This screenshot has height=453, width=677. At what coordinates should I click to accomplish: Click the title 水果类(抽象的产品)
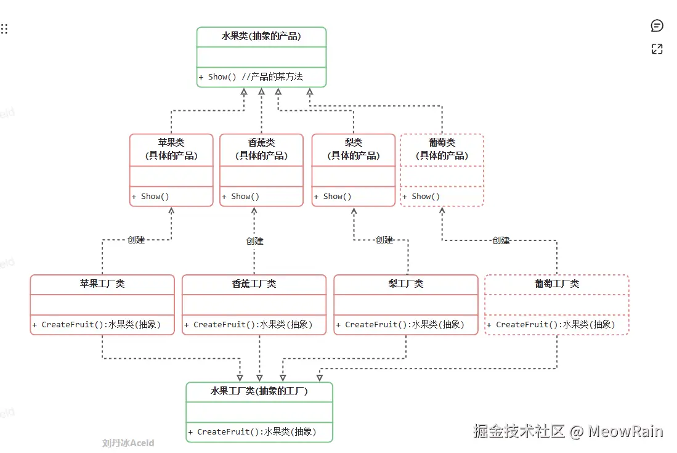261,36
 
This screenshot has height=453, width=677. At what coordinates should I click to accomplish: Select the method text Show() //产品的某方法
251,77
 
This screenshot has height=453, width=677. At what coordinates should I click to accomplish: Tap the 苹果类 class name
171,142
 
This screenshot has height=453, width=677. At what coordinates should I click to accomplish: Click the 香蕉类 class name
261,142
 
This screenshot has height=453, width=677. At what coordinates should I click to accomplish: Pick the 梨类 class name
353,142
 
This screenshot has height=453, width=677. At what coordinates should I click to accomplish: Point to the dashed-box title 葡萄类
442,142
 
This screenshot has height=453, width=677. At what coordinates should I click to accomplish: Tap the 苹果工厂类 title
102,284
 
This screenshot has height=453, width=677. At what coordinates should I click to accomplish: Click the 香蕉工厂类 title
254,284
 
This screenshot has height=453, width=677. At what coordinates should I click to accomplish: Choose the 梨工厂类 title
406,284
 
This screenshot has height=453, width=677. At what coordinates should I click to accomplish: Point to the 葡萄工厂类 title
557,284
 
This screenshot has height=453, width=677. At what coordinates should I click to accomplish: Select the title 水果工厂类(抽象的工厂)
259,391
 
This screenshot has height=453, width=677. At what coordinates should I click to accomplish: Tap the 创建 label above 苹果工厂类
136,240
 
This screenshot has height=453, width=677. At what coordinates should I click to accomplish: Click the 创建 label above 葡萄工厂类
501,240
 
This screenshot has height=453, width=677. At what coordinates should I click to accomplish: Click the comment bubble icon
657,26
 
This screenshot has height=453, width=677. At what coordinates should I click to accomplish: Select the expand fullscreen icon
657,49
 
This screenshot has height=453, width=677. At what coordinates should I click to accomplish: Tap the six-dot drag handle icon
4,29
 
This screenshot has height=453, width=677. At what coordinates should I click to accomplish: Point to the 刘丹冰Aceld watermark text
128,443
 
